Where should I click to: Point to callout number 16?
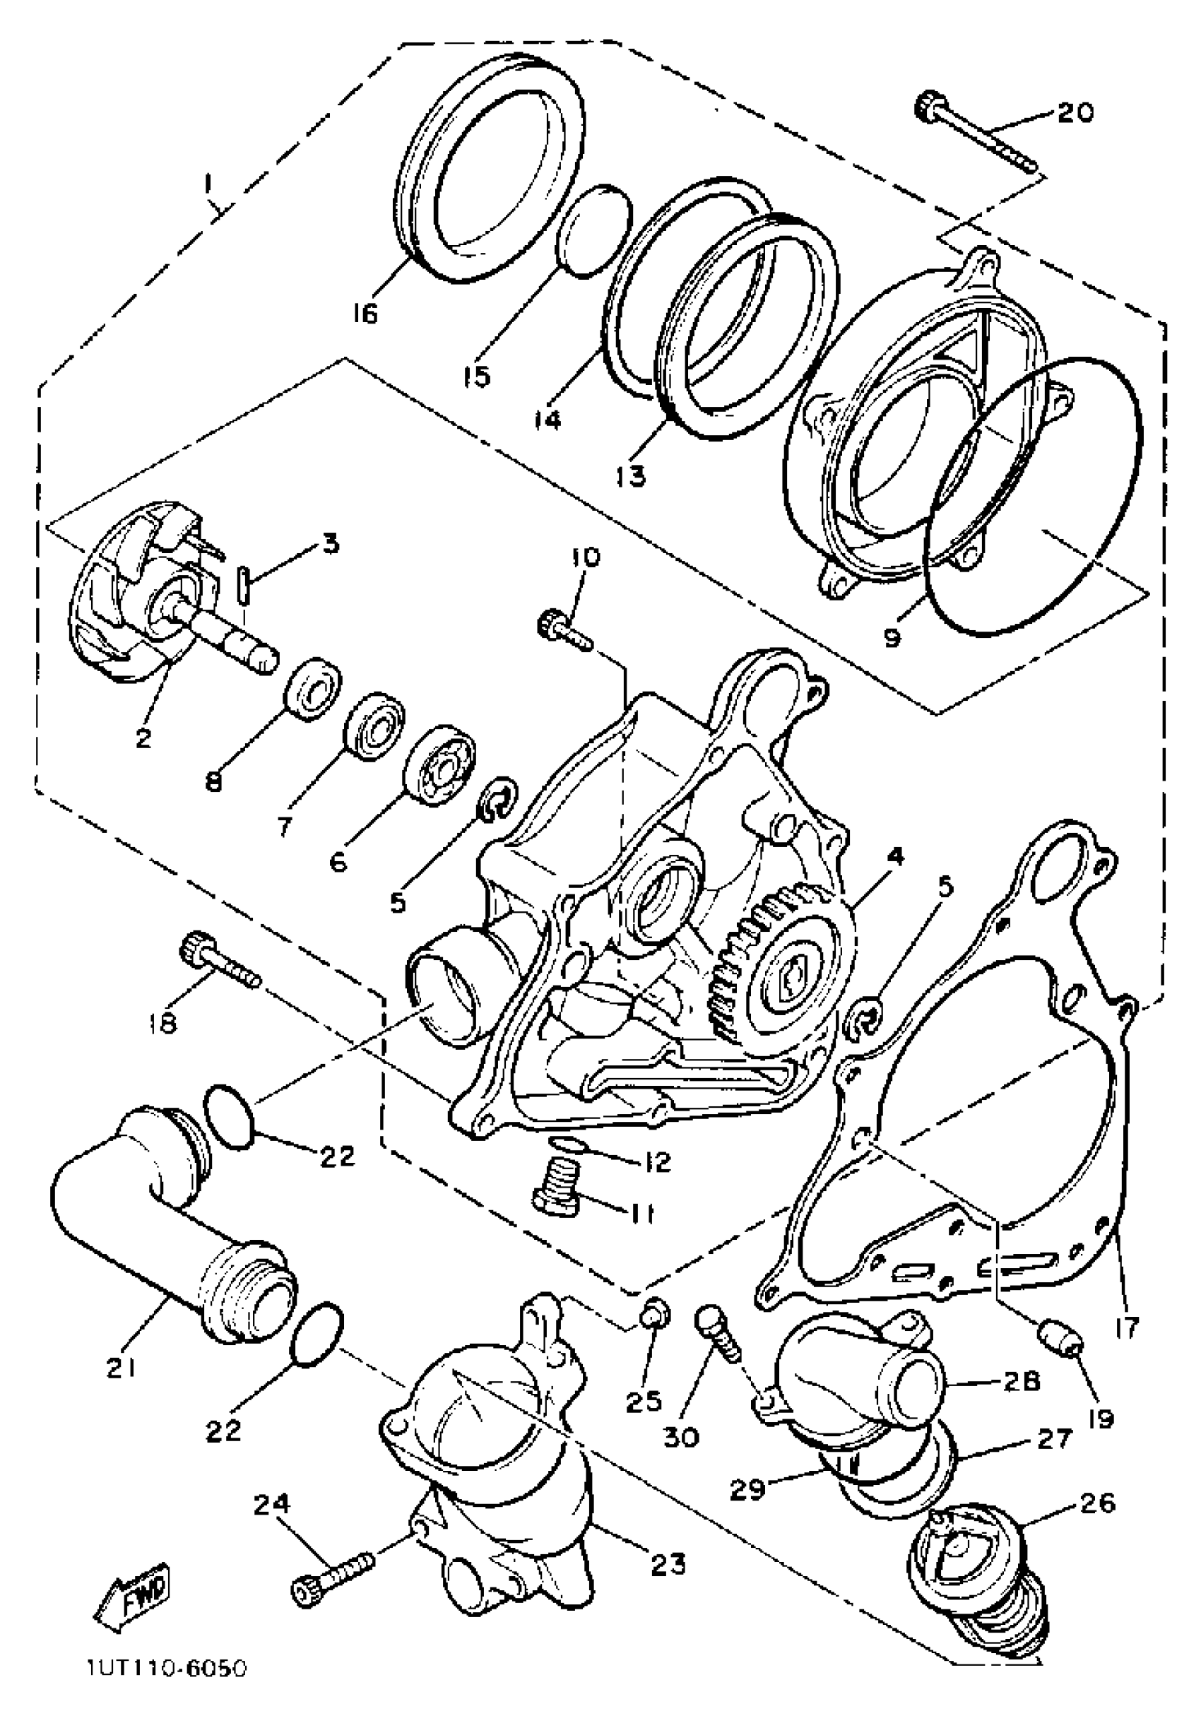tap(365, 313)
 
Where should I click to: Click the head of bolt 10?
tap(552, 623)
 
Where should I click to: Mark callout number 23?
tap(668, 1563)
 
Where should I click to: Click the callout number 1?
tap(210, 183)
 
